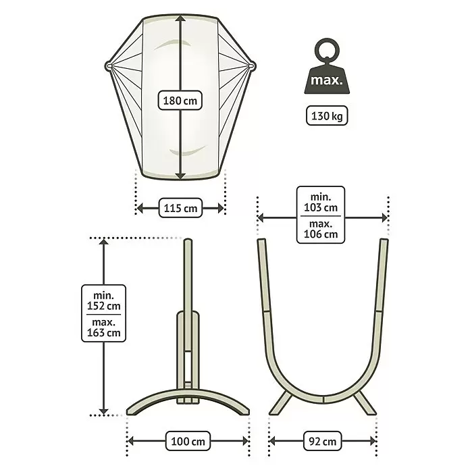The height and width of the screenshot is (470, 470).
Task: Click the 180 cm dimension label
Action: (x=180, y=101)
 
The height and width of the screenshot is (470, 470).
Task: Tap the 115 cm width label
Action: (x=180, y=208)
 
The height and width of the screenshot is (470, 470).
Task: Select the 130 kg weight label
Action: (x=327, y=115)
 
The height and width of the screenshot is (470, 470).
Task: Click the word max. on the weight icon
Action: (x=326, y=80)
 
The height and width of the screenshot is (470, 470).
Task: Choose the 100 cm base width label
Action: (x=188, y=441)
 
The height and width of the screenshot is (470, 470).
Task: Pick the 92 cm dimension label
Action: (x=322, y=441)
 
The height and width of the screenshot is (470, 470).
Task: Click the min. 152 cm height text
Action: (x=104, y=301)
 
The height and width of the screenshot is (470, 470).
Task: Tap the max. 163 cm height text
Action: (x=104, y=328)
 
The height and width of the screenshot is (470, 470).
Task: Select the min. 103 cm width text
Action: (x=321, y=203)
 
